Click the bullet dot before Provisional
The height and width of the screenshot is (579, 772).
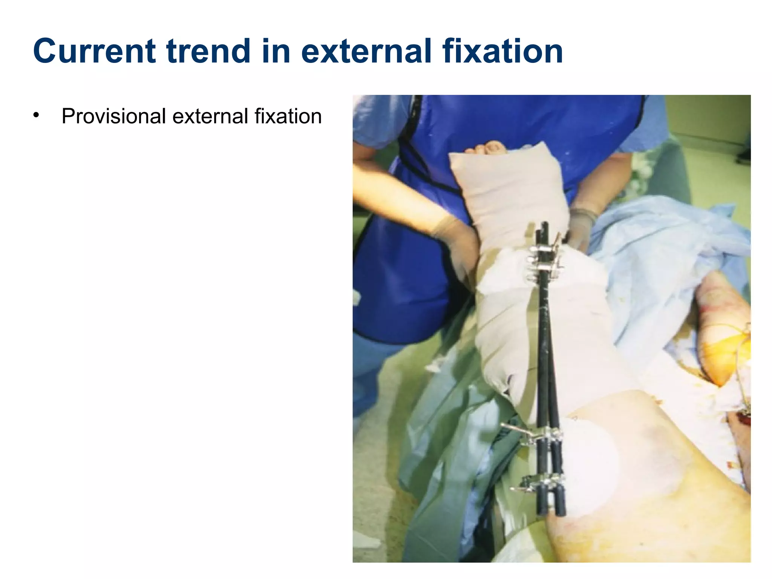pyautogui.click(x=36, y=115)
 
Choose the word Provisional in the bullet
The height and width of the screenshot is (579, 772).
pyautogui.click(x=113, y=116)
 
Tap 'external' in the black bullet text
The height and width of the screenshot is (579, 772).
pyautogui.click(x=210, y=116)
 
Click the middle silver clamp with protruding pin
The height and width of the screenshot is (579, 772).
pyautogui.click(x=535, y=435)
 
